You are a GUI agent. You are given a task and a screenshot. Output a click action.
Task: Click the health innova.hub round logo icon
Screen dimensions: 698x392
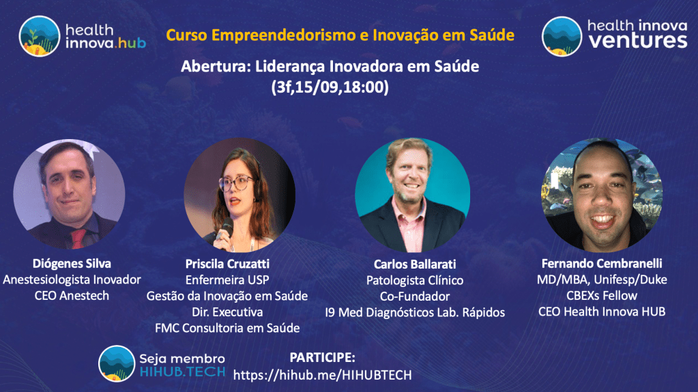pyautogui.click(x=39, y=37)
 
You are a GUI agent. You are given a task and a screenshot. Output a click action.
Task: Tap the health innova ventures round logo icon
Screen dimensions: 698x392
pyautogui.click(x=562, y=37)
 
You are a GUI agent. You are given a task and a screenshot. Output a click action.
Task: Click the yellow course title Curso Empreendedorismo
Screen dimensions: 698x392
pyautogui.click(x=340, y=35)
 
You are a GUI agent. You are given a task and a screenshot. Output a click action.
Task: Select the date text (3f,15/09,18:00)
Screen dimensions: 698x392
pyautogui.click(x=330, y=87)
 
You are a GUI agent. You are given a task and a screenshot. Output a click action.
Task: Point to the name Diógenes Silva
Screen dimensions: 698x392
pyautogui.click(x=72, y=263)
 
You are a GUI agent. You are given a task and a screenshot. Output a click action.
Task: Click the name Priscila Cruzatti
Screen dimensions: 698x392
pyautogui.click(x=227, y=264)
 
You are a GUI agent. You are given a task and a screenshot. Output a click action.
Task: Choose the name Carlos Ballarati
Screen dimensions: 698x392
pyautogui.click(x=415, y=265)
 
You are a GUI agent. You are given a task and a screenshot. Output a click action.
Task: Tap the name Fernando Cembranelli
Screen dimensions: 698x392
pyautogui.click(x=602, y=263)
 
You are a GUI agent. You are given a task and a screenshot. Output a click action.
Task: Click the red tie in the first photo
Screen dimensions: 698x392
pyautogui.click(x=78, y=239)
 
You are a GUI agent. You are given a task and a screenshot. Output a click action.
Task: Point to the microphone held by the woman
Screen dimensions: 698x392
pyautogui.click(x=225, y=229)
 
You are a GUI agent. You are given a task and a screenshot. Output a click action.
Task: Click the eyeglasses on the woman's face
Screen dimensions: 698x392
pyautogui.click(x=237, y=183)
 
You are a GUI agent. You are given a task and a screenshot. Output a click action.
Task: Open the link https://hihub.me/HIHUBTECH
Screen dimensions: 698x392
pyautogui.click(x=322, y=375)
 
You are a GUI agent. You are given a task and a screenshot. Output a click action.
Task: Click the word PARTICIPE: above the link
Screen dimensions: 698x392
pyautogui.click(x=322, y=357)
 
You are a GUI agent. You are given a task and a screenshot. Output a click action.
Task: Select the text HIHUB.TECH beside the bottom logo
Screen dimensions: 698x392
pyautogui.click(x=182, y=372)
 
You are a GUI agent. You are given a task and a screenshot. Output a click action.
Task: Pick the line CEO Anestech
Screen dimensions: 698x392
pyautogui.click(x=72, y=295)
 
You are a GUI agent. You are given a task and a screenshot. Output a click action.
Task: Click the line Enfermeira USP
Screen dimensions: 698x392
pyautogui.click(x=227, y=280)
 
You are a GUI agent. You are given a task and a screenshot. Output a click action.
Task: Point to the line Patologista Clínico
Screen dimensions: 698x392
pyautogui.click(x=415, y=280)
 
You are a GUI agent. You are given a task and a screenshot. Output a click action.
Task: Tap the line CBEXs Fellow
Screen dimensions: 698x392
pyautogui.click(x=602, y=295)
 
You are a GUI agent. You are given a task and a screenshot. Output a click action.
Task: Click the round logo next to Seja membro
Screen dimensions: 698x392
pyautogui.click(x=117, y=363)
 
